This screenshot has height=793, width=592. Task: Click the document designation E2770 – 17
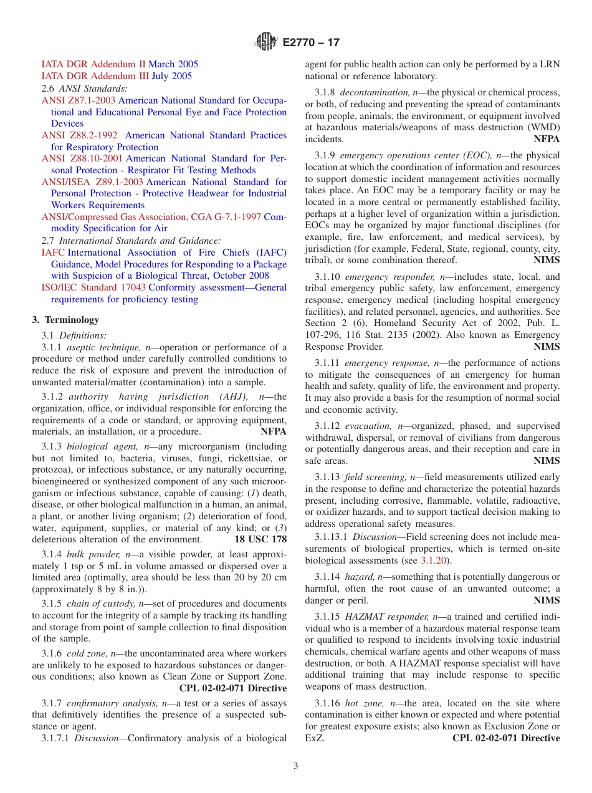pyautogui.click(x=311, y=43)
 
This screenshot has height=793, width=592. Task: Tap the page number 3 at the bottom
pyautogui.click(x=296, y=766)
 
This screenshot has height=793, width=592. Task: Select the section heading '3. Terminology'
pyautogui.click(x=65, y=320)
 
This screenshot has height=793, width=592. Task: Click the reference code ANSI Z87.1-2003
pyautogui.click(x=79, y=100)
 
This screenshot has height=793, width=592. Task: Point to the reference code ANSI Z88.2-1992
pyautogui.click(x=79, y=135)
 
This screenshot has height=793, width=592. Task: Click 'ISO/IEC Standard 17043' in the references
pyautogui.click(x=94, y=287)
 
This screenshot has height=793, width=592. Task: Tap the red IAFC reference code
pyautogui.click(x=53, y=252)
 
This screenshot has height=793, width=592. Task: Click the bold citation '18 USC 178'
pyautogui.click(x=260, y=539)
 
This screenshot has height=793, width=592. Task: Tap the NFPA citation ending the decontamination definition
pyautogui.click(x=547, y=139)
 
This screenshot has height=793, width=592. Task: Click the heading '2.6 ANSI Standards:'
pyautogui.click(x=84, y=89)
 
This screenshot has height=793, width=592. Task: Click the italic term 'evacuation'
pyautogui.click(x=368, y=426)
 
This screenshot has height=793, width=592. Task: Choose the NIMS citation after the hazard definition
pyautogui.click(x=547, y=600)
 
